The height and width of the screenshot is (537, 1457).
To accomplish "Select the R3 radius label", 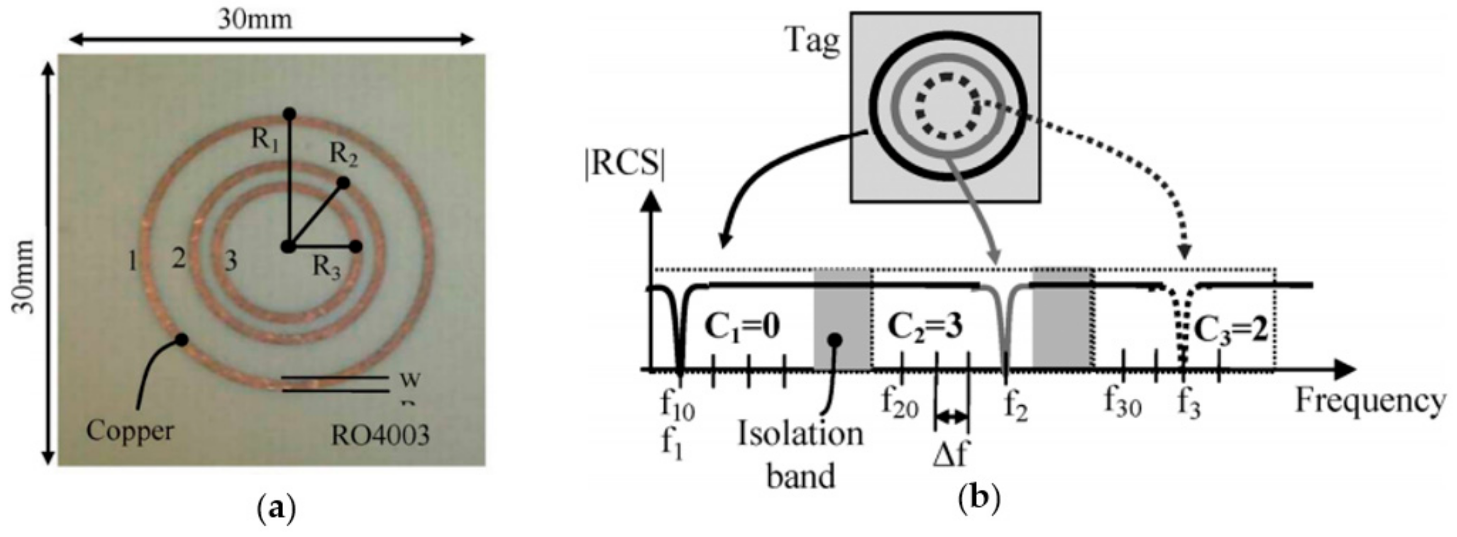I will [327, 267].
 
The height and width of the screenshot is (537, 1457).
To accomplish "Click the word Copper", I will [129, 431].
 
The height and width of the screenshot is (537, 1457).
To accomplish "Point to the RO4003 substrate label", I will [380, 436].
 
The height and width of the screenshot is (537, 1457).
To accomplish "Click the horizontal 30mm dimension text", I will [255, 20].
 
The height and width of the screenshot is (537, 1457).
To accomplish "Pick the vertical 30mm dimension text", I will [23, 277].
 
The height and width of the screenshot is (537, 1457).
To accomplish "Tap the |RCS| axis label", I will [624, 164].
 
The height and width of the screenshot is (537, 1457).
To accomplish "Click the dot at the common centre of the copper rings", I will [289, 247].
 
